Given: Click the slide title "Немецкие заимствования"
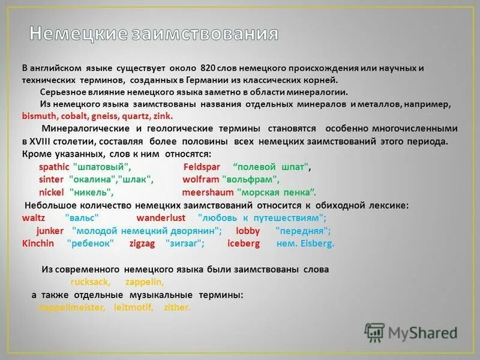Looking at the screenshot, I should pyautogui.click(x=154, y=34).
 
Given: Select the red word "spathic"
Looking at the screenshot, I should pyautogui.click(x=54, y=167).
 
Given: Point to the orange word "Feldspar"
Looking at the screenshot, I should pyautogui.click(x=202, y=167).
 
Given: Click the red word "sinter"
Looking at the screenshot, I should pyautogui.click(x=51, y=179).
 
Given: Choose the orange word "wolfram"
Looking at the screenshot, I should pyautogui.click(x=200, y=179).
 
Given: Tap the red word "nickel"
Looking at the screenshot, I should pyautogui.click(x=51, y=193).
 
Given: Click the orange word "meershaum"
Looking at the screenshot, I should pyautogui.click(x=208, y=193).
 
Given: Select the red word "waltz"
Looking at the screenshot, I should pyautogui.click(x=34, y=218).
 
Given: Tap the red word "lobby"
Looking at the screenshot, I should pyautogui.click(x=248, y=230).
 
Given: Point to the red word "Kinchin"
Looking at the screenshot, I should pyautogui.click(x=38, y=244).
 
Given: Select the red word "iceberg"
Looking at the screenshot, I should pyautogui.click(x=244, y=244).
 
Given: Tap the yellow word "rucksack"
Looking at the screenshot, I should pyautogui.click(x=89, y=282).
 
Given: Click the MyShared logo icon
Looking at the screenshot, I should pyautogui.click(x=374, y=332).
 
